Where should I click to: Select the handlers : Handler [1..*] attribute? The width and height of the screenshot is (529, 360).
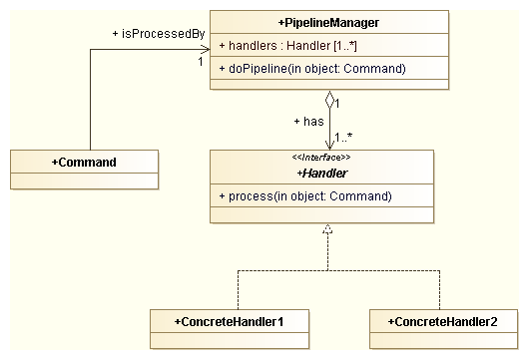click(x=282, y=46)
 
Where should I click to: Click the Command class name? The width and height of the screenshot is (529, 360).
click(x=84, y=161)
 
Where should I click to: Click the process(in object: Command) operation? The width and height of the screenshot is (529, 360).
click(x=303, y=195)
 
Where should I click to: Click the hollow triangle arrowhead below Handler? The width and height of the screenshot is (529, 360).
click(x=327, y=230)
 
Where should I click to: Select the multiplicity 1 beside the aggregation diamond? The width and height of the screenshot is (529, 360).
click(x=339, y=103)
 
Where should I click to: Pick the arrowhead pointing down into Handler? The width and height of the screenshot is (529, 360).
click(x=327, y=144)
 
